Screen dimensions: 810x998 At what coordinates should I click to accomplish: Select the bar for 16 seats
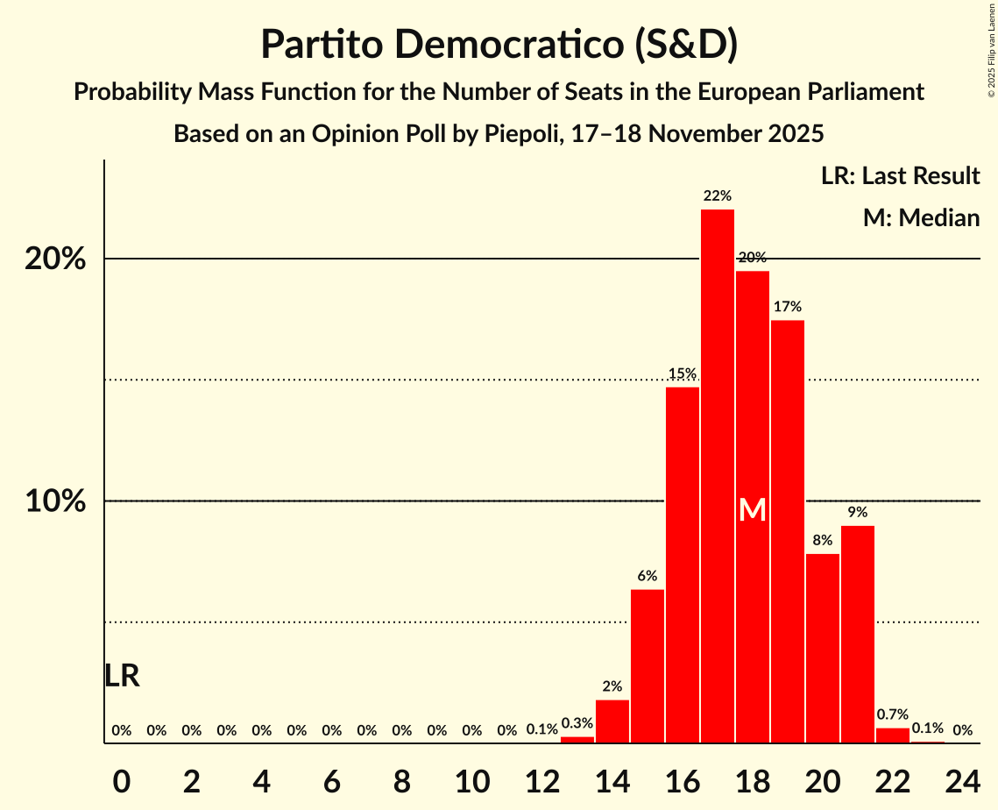pyautogui.click(x=682, y=565)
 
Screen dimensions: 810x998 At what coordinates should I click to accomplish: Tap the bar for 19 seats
pyautogui.click(x=787, y=531)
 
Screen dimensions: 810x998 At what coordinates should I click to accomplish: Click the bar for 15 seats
pyautogui.click(x=647, y=666)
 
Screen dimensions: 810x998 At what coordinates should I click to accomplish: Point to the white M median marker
pyautogui.click(x=752, y=510)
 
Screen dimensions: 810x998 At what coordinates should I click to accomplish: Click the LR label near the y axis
pyautogui.click(x=122, y=676)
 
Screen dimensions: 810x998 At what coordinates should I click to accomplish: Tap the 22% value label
pyautogui.click(x=717, y=195)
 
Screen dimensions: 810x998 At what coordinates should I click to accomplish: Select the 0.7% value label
pyautogui.click(x=892, y=714)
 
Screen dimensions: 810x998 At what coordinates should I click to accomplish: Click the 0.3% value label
pyautogui.click(x=577, y=723)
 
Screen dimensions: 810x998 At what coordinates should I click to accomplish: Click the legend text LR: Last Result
pyautogui.click(x=900, y=176)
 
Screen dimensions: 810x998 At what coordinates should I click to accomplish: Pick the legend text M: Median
pyautogui.click(x=921, y=217)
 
